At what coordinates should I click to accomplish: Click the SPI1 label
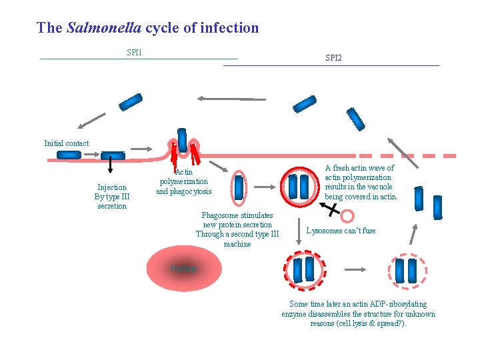point(134,53)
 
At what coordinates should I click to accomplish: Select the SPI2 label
point(333,59)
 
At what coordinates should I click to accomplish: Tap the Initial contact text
point(66,143)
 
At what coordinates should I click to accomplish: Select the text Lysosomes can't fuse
point(341,231)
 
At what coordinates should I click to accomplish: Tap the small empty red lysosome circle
point(347,216)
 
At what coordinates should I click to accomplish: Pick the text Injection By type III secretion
point(112,197)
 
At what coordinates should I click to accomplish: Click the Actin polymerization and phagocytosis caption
point(183,181)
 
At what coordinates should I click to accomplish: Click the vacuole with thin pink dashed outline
point(405,269)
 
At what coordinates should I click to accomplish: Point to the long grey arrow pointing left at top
point(227,99)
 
